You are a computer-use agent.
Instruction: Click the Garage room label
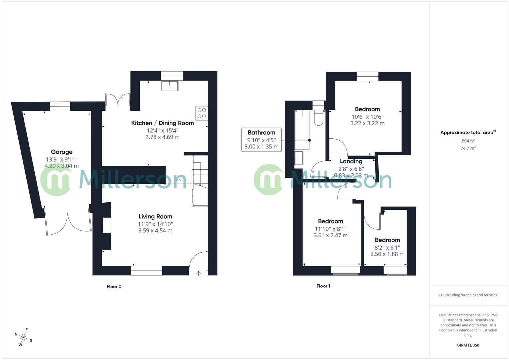click(x=62, y=152)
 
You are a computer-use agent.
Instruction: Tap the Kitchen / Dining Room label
click(x=162, y=123)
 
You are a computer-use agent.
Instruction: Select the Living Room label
click(x=155, y=216)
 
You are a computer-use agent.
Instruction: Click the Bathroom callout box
click(x=261, y=140)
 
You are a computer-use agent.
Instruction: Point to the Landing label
click(x=351, y=161)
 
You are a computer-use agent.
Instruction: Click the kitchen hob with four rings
click(x=202, y=113)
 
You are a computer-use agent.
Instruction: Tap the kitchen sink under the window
click(x=170, y=86)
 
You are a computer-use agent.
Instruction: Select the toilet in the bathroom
click(x=318, y=118)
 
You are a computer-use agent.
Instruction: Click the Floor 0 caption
click(x=114, y=286)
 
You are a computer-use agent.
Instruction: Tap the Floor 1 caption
click(x=323, y=286)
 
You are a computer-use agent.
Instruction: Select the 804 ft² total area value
click(x=468, y=141)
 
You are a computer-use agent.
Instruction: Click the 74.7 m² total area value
click(x=468, y=148)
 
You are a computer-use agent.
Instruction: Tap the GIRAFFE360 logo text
click(x=468, y=345)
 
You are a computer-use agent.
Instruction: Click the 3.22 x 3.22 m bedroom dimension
click(x=367, y=123)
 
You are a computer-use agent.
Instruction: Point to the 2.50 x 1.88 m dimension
click(x=387, y=254)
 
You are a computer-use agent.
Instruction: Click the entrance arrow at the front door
click(x=198, y=273)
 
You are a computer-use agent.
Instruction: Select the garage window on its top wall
click(x=60, y=106)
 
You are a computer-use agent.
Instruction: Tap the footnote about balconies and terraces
click(x=468, y=295)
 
